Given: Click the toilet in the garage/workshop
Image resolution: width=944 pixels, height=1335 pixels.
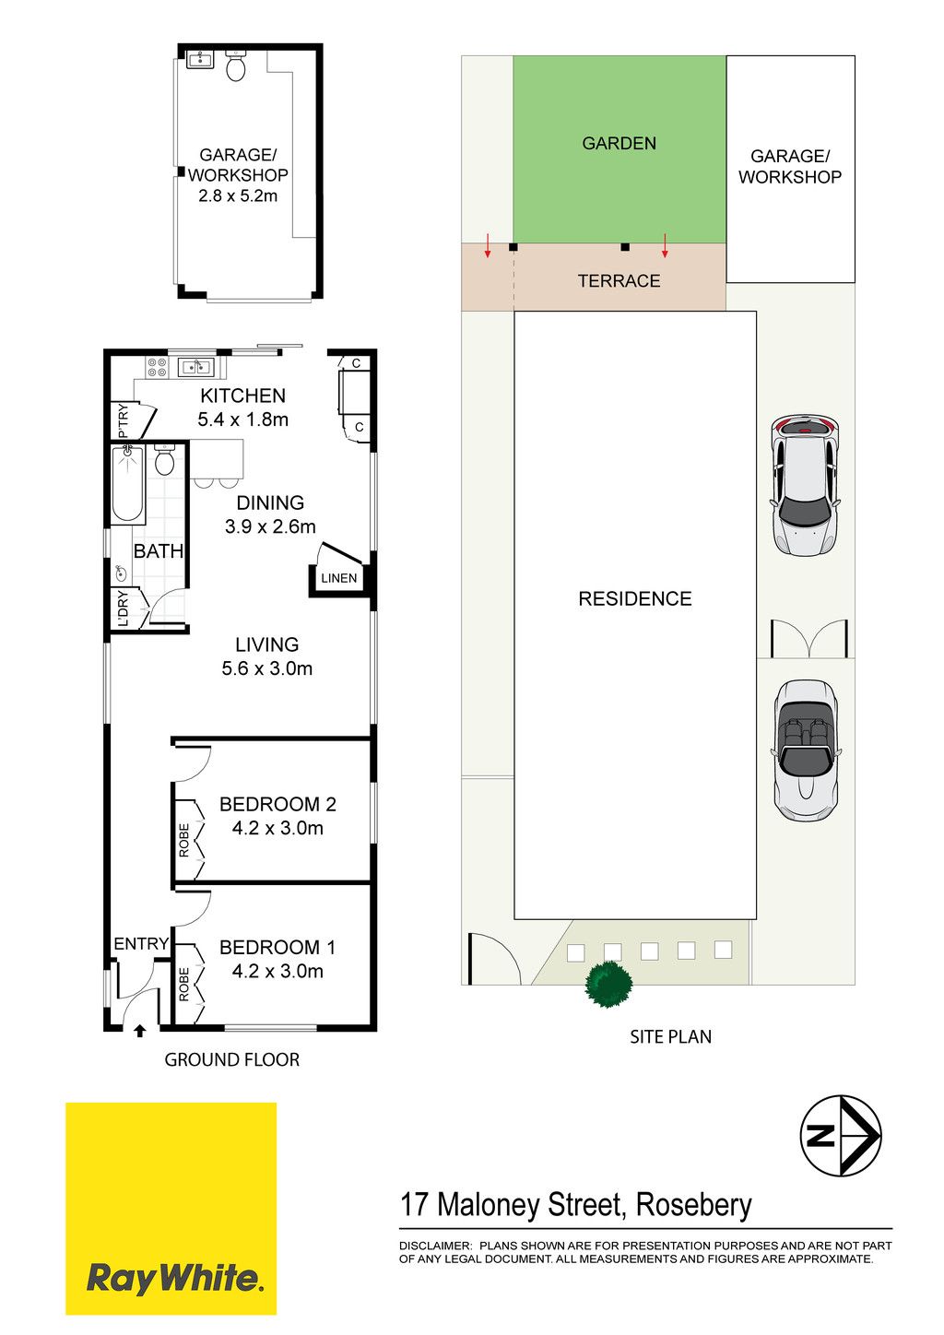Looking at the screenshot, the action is click(x=236, y=65).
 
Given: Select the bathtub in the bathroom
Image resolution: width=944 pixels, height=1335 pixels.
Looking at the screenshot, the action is click(x=127, y=484).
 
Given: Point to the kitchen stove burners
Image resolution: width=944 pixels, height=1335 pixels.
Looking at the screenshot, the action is click(x=158, y=367).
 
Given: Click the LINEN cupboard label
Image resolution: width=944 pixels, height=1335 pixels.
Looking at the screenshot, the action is click(x=339, y=578).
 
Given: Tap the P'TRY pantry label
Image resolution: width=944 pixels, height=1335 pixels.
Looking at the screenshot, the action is click(x=124, y=420).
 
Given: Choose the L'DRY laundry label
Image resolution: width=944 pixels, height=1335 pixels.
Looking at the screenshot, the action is click(x=124, y=608).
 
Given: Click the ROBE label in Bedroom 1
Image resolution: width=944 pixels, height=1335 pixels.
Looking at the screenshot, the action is click(x=183, y=984).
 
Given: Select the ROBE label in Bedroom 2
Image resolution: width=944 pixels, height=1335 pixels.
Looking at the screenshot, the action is click(x=183, y=840).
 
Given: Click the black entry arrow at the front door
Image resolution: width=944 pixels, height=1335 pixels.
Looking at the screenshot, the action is click(x=139, y=1031).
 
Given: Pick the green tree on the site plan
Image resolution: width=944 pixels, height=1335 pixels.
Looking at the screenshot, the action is click(x=608, y=984).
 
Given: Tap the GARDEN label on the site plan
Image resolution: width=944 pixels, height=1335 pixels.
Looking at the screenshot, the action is click(x=619, y=144).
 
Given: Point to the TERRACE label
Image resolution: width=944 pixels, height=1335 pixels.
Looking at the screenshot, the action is click(x=619, y=280).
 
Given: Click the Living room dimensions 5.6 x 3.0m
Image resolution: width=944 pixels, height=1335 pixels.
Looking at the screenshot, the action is click(x=267, y=668).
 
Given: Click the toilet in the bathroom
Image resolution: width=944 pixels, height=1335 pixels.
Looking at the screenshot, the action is click(x=164, y=460).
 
